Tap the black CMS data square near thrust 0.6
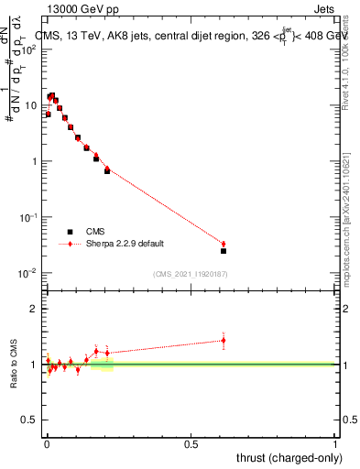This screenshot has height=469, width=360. pyautogui.click(x=224, y=250)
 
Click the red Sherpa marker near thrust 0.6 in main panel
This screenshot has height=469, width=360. pyautogui.click(x=224, y=244)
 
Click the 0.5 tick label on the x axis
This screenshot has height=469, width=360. pyautogui.click(x=191, y=444)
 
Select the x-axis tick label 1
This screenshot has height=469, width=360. pyautogui.click(x=336, y=444)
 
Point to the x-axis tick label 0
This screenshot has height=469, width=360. pyautogui.click(x=47, y=444)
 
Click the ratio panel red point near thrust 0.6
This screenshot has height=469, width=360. pyautogui.click(x=224, y=340)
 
